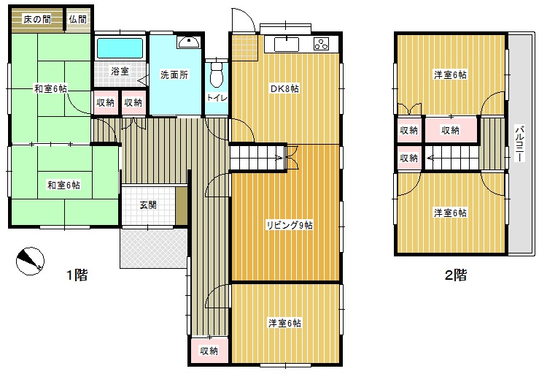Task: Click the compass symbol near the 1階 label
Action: [30, 261]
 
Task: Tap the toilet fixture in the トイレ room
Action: [217, 75]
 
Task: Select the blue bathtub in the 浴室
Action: [120, 48]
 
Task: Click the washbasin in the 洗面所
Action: [188, 42]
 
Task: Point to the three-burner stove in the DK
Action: [321, 44]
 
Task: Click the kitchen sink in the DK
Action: [287, 45]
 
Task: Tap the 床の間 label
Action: [36, 19]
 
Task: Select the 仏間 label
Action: [78, 19]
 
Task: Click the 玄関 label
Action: [148, 205]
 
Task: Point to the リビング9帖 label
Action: [290, 226]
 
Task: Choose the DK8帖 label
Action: [284, 89]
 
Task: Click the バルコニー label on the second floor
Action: [520, 144]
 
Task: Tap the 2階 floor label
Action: [456, 275]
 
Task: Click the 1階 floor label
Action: [77, 275]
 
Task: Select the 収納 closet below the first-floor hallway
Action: [209, 351]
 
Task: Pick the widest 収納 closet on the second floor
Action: [451, 130]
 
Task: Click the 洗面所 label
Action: [174, 75]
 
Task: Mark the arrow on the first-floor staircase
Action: [279, 159]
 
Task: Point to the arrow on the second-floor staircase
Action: [430, 159]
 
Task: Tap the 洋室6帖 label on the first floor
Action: [285, 324]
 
